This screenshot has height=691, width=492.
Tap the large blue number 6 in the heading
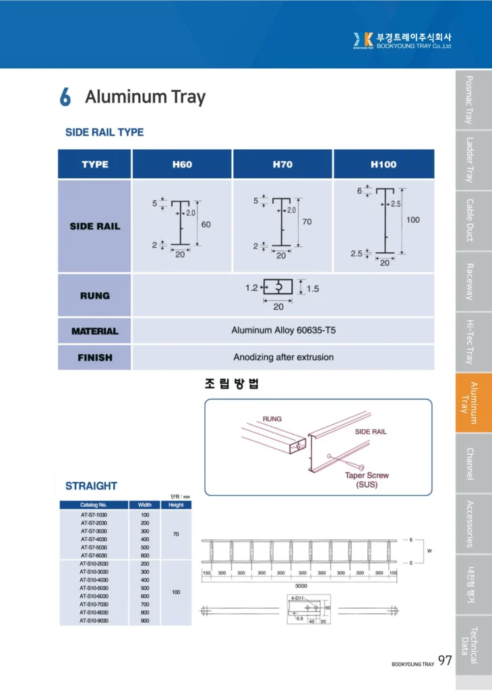tap(65, 97)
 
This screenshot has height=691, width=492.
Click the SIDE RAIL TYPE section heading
tap(104, 132)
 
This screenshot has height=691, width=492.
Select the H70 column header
tap(282, 164)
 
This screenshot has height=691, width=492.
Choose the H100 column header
tap(383, 164)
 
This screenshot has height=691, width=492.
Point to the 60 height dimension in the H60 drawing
tap(206, 224)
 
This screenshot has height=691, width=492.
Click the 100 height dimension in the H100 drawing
tap(413, 220)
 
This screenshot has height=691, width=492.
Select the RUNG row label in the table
tap(94, 296)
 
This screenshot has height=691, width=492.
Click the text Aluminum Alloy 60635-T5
tap(283, 331)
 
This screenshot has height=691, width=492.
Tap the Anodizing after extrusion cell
tap(283, 357)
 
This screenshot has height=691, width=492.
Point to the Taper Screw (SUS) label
tap(367, 480)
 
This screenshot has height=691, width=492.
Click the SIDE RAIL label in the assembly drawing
tap(371, 431)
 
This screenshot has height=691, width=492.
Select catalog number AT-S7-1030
tap(94, 515)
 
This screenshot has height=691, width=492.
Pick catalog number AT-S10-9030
tap(94, 620)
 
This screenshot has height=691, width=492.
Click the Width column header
tap(144, 505)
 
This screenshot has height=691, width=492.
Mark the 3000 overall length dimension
tap(301, 586)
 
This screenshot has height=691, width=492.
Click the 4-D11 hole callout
tap(297, 599)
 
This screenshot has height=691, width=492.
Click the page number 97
tap(445, 660)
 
